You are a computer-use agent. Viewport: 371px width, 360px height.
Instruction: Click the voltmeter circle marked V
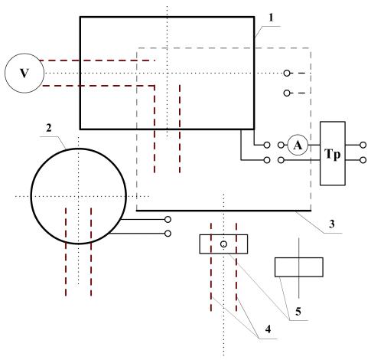(x=24, y=74)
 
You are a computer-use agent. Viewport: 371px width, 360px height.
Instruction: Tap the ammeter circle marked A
(x=298, y=146)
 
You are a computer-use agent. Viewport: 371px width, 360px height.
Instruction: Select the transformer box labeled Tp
(x=333, y=153)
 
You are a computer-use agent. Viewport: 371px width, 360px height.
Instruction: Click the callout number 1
(x=271, y=18)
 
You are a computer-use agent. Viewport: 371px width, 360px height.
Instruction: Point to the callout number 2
(x=49, y=128)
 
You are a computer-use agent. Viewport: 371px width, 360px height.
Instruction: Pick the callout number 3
(x=331, y=224)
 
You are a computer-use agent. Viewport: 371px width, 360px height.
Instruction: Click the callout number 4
(x=268, y=329)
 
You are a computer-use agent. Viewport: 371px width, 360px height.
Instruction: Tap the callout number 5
(x=298, y=312)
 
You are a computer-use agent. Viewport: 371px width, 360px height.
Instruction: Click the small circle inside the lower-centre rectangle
(x=223, y=244)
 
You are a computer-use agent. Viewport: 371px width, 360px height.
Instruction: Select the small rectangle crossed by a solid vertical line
(x=299, y=267)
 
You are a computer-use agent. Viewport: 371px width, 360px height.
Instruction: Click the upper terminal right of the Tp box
(x=363, y=145)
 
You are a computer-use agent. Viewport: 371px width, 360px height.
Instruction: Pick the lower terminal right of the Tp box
(x=363, y=160)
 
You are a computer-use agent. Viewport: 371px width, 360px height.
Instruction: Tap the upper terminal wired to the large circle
(x=168, y=219)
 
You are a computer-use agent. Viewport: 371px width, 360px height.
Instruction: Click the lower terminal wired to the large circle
(x=168, y=234)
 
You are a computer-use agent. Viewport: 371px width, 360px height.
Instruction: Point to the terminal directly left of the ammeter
(x=281, y=145)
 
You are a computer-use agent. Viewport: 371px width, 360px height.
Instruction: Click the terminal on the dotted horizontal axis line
(x=287, y=74)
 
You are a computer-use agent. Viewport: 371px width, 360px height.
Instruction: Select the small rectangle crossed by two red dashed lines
(x=223, y=244)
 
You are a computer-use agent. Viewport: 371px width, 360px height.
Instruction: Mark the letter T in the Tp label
(x=328, y=154)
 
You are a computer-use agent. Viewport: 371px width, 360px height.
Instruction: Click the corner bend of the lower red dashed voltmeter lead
(x=155, y=86)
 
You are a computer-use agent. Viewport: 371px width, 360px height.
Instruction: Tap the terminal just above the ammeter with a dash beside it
(x=287, y=93)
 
